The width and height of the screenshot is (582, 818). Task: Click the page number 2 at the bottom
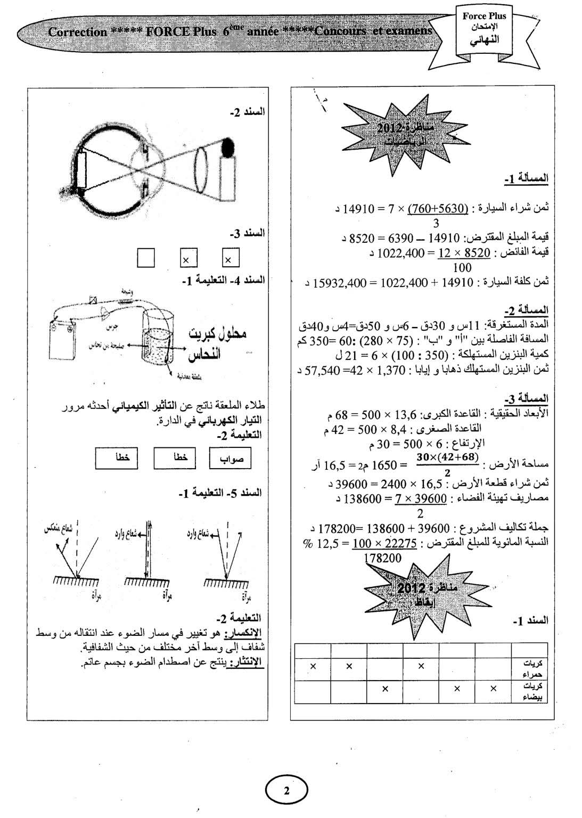click(x=286, y=790)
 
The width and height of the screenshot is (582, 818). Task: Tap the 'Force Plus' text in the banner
click(x=484, y=17)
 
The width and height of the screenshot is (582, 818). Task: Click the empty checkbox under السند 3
click(x=145, y=258)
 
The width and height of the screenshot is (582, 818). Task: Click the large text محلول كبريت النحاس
click(x=217, y=343)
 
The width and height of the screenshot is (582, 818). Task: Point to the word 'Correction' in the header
click(x=78, y=32)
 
